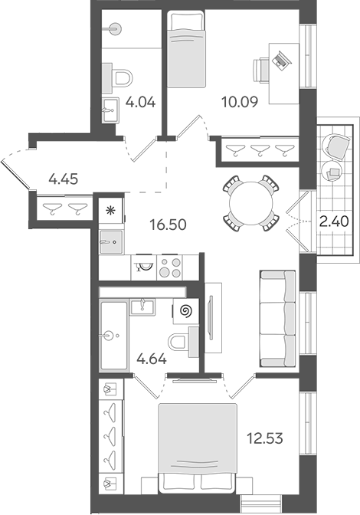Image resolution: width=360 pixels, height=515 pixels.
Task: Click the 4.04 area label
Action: [141, 101]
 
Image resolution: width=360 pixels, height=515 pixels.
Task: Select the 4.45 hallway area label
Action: [64, 180]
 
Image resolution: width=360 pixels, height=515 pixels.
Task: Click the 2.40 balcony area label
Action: [334, 223]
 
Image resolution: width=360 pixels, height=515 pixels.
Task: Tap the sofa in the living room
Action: [277, 318]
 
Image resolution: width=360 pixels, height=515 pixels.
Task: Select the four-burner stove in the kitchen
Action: [170, 267]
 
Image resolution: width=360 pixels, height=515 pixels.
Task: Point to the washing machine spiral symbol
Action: [184, 312]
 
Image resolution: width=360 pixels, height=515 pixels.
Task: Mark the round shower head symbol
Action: [114, 27]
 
